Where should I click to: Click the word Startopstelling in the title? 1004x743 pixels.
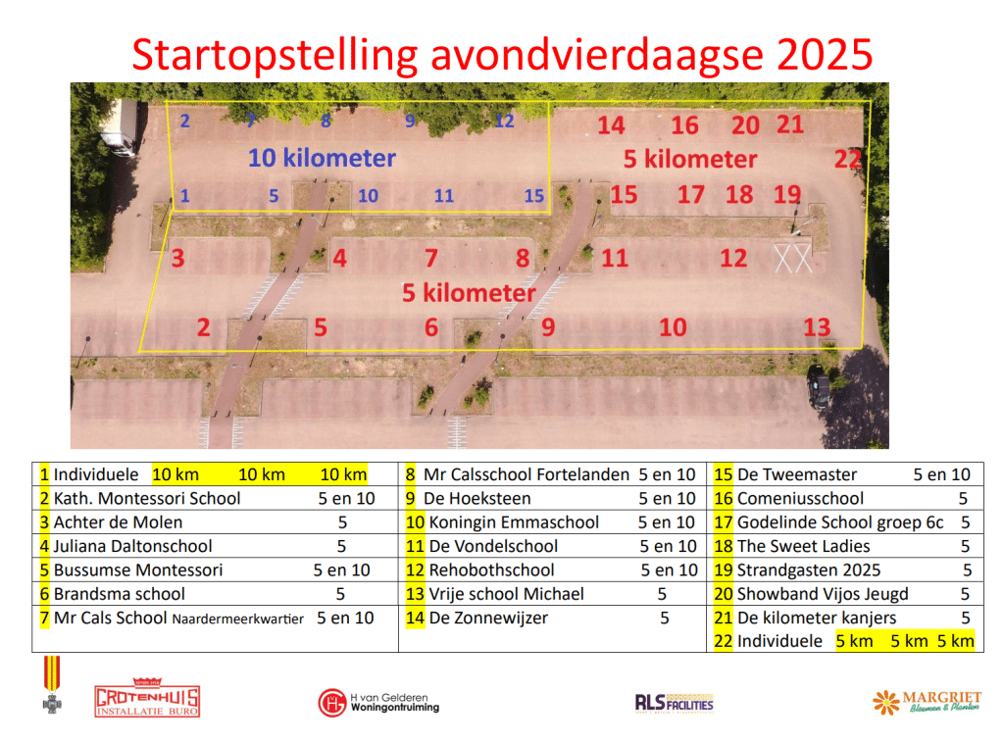(275, 55)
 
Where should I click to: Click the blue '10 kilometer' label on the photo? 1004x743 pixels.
(322, 158)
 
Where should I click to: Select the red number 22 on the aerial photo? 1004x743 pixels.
(848, 159)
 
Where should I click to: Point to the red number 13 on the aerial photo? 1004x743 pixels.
(817, 327)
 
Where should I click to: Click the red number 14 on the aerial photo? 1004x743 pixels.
(611, 125)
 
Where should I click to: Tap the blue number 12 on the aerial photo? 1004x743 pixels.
(504, 121)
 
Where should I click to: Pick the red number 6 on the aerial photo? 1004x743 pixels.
(431, 327)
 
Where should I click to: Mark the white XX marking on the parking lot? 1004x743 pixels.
(793, 258)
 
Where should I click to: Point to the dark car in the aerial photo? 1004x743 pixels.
(819, 387)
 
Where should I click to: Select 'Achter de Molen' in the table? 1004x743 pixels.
(118, 522)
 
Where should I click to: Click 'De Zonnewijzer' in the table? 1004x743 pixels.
(488, 619)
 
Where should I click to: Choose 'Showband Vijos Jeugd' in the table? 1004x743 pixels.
(823, 594)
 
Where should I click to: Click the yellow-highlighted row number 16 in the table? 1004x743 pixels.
(724, 499)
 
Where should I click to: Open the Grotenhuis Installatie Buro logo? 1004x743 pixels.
(147, 698)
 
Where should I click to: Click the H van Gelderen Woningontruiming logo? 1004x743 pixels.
(378, 703)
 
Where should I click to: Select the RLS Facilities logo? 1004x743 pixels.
(674, 703)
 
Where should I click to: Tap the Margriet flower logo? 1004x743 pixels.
(927, 702)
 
